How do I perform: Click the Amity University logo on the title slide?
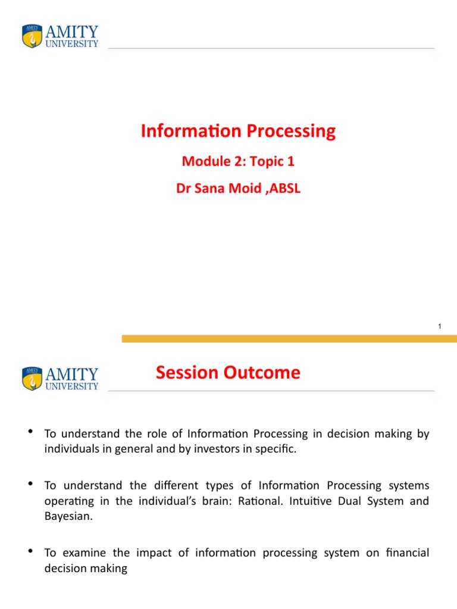coord(60,36)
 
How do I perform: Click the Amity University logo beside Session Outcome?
coord(60,378)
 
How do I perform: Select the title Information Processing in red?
coord(238,131)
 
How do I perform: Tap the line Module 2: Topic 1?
coord(238,161)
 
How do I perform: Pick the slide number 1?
coord(439,327)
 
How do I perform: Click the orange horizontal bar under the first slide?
coord(289,338)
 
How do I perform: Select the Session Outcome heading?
coord(228,373)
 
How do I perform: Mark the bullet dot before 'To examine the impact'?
coord(30,551)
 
